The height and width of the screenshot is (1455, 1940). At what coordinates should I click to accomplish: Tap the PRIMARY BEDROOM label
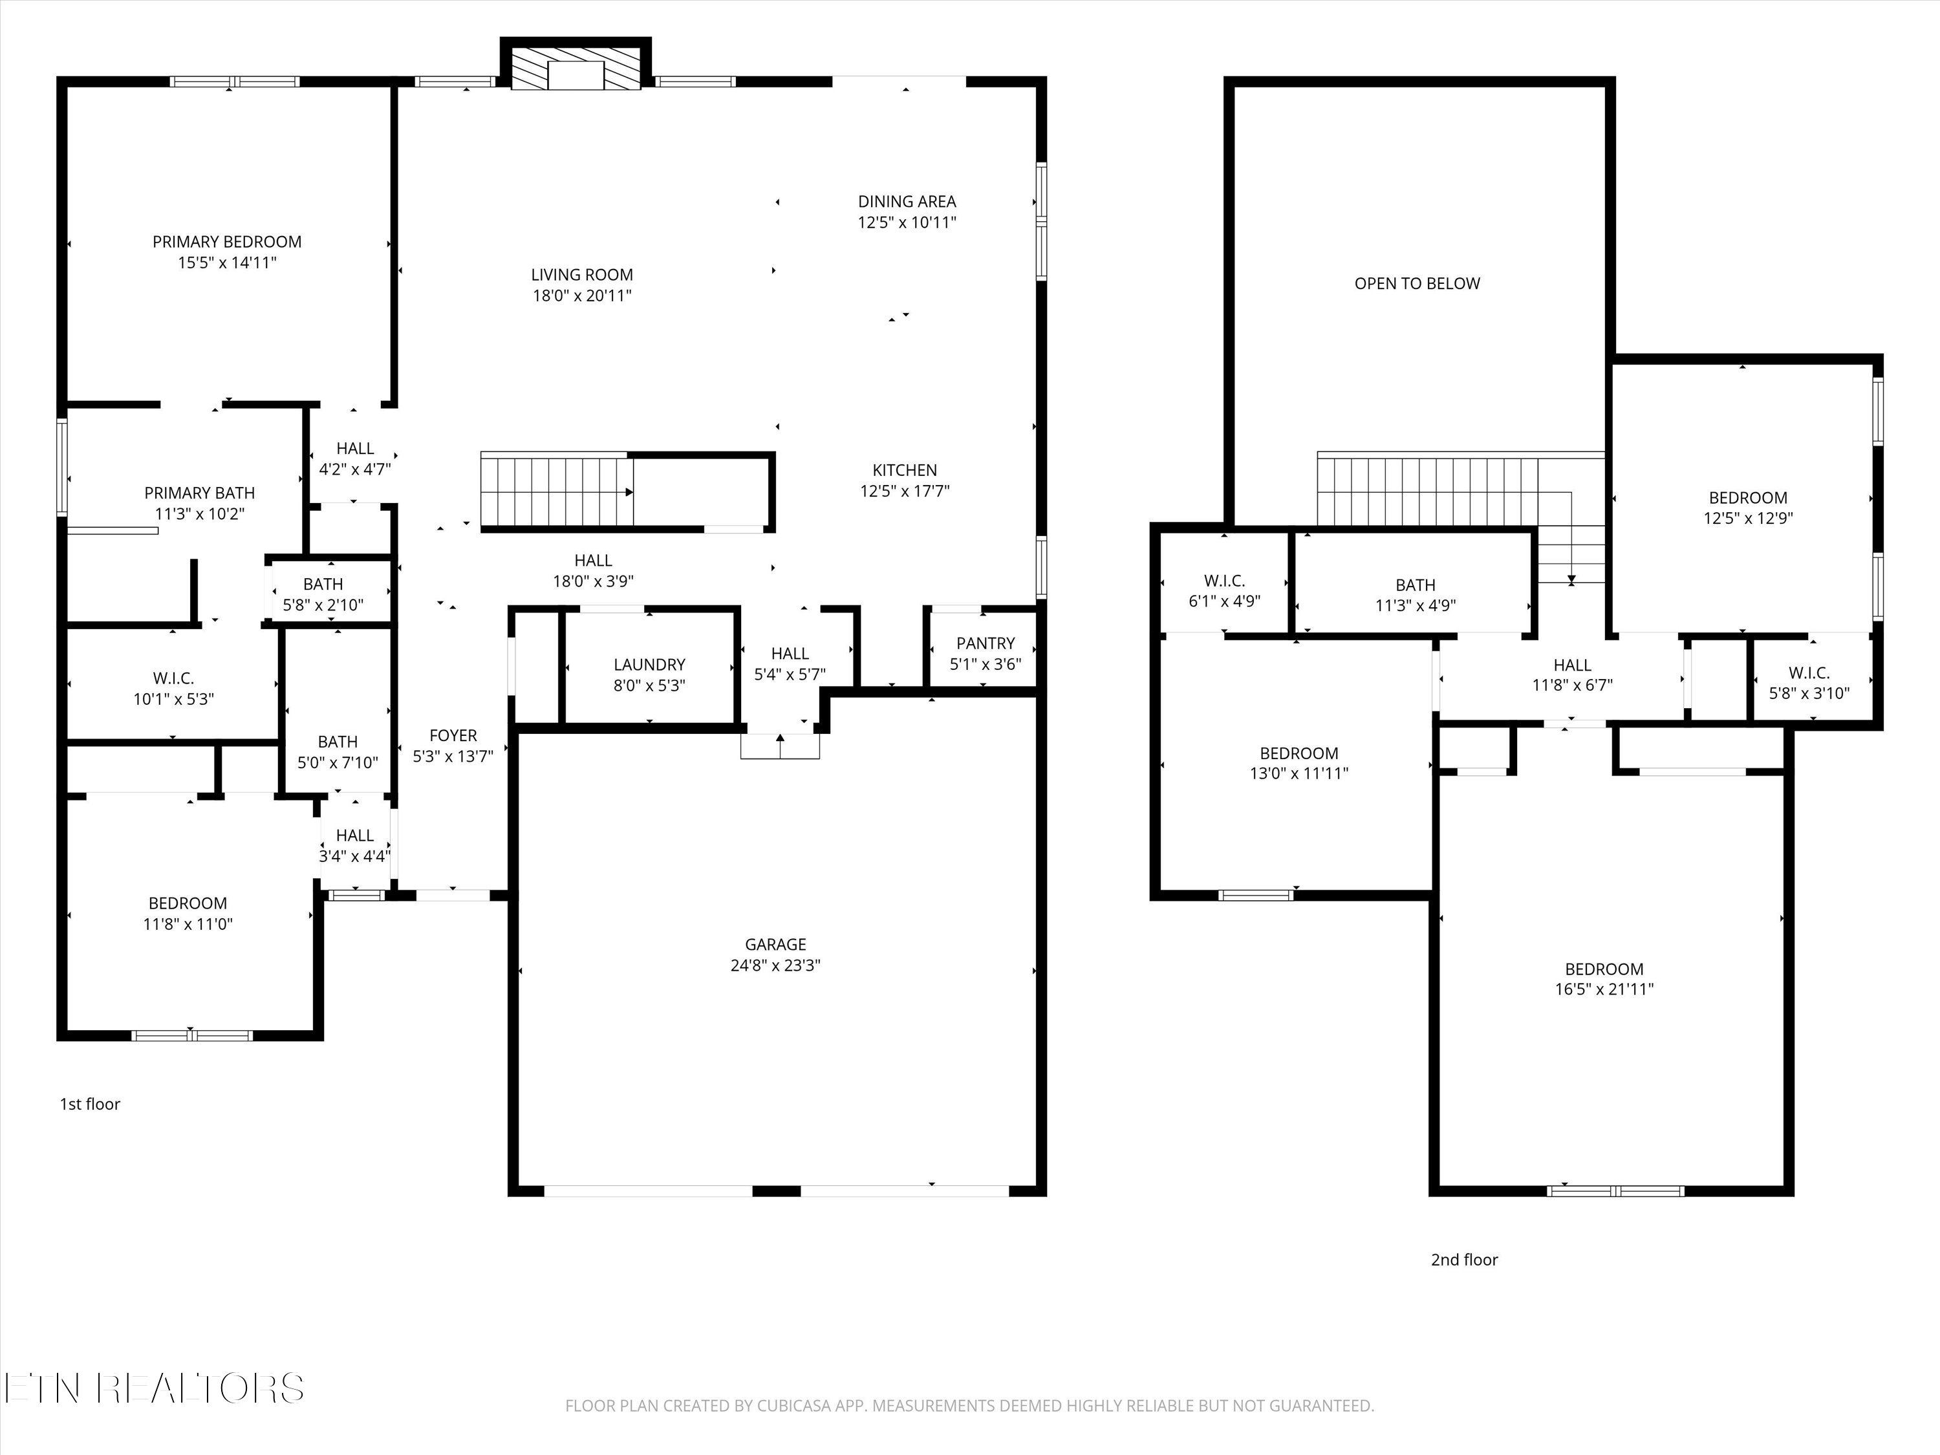[227, 241]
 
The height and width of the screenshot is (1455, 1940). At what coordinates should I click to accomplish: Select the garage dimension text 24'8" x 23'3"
[775, 965]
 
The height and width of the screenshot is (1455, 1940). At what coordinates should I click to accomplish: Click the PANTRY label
[985, 643]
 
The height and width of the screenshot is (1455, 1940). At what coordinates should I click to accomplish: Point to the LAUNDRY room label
[649, 665]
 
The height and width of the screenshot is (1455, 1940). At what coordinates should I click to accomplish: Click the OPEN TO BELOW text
[1416, 283]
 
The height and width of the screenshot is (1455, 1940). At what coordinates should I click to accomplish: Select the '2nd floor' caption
[1464, 1260]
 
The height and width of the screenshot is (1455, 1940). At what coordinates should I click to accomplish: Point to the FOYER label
[453, 735]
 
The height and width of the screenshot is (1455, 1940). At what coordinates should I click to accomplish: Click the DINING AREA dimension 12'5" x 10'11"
[907, 222]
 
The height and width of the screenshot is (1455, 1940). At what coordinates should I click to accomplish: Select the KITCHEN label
[904, 470]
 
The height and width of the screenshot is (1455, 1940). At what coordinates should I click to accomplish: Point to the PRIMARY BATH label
[199, 493]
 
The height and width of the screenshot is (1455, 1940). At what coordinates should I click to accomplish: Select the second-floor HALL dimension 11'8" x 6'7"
[1571, 685]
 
